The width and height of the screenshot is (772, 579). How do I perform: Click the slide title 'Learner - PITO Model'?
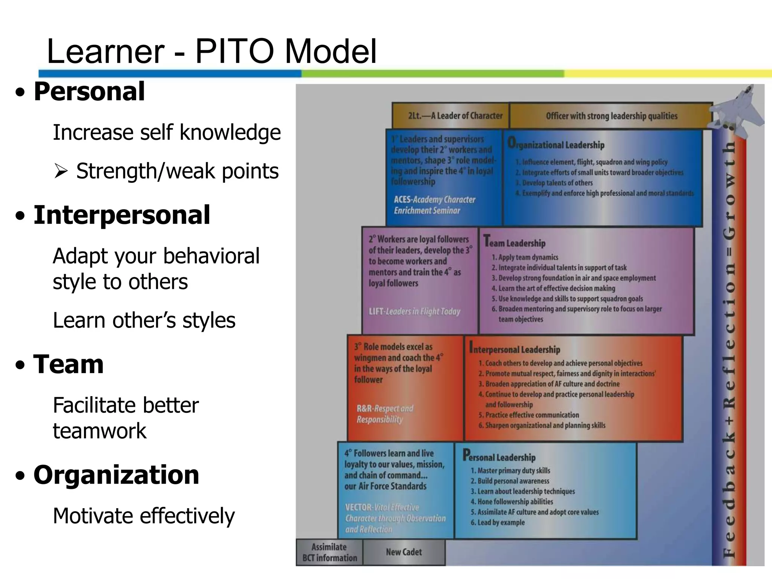click(x=211, y=52)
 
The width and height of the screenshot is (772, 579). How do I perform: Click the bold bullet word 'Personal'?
click(x=89, y=92)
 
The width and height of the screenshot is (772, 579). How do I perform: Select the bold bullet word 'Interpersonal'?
click(x=122, y=215)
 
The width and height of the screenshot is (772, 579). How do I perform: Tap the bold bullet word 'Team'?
click(x=68, y=365)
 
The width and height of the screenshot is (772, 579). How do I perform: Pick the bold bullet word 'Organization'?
click(x=116, y=475)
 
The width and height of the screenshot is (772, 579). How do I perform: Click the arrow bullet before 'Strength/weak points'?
click(x=60, y=172)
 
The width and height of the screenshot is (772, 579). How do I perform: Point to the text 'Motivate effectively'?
click(x=144, y=516)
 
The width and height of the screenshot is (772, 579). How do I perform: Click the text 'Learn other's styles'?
click(x=144, y=320)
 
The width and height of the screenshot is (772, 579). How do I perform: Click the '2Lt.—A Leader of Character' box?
click(x=450, y=116)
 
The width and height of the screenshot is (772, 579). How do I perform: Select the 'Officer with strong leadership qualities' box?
click(x=611, y=116)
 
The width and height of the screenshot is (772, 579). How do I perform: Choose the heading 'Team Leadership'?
click(x=515, y=242)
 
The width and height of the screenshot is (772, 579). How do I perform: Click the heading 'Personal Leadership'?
click(x=499, y=456)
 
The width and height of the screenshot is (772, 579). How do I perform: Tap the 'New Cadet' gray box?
click(x=404, y=552)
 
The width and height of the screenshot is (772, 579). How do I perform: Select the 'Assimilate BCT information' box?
click(x=329, y=552)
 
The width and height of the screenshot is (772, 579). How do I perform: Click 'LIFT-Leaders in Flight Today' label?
click(x=414, y=311)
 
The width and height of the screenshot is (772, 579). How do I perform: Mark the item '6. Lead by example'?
click(x=498, y=522)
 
